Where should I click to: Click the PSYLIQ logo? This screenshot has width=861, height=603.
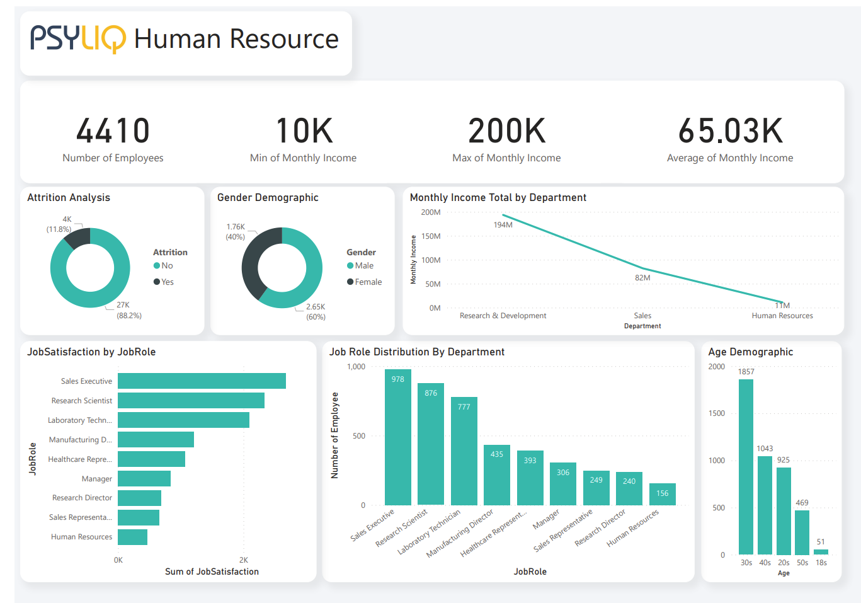tap(78, 38)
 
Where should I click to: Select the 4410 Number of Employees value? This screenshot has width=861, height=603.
tap(113, 131)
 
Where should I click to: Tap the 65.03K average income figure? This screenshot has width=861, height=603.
tap(731, 131)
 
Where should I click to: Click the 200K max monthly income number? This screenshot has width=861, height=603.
tap(507, 131)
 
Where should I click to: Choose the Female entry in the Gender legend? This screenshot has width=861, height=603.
tap(365, 282)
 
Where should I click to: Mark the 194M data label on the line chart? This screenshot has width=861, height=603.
tap(503, 225)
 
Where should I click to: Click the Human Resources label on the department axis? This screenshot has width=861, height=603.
tap(782, 316)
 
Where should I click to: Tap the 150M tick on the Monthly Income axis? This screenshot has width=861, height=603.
tap(431, 236)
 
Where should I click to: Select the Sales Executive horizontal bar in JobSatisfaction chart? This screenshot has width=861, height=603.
tap(202, 381)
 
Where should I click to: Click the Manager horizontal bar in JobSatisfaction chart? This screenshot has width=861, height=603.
tap(144, 479)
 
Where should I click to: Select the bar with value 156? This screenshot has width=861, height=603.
tap(662, 494)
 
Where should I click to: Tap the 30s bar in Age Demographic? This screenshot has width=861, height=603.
tap(746, 466)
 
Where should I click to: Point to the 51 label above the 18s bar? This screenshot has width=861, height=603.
tap(821, 542)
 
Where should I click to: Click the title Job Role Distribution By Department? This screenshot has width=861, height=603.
tap(417, 352)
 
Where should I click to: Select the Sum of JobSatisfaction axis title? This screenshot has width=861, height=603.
tap(212, 571)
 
